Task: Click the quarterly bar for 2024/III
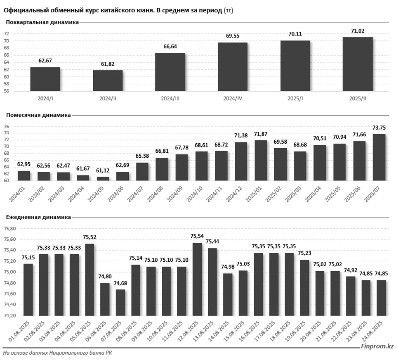point(170,72)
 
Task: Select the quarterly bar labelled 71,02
point(358,64)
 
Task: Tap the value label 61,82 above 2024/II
point(108,65)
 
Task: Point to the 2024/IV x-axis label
point(233,99)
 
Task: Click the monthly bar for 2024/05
point(103,178)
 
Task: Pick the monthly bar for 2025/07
point(379,157)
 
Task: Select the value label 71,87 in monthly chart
point(261,135)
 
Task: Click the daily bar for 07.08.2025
point(120,302)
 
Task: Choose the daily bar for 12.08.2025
point(197,279)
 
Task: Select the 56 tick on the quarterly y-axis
point(7,91)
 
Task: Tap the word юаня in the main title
point(134,10)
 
